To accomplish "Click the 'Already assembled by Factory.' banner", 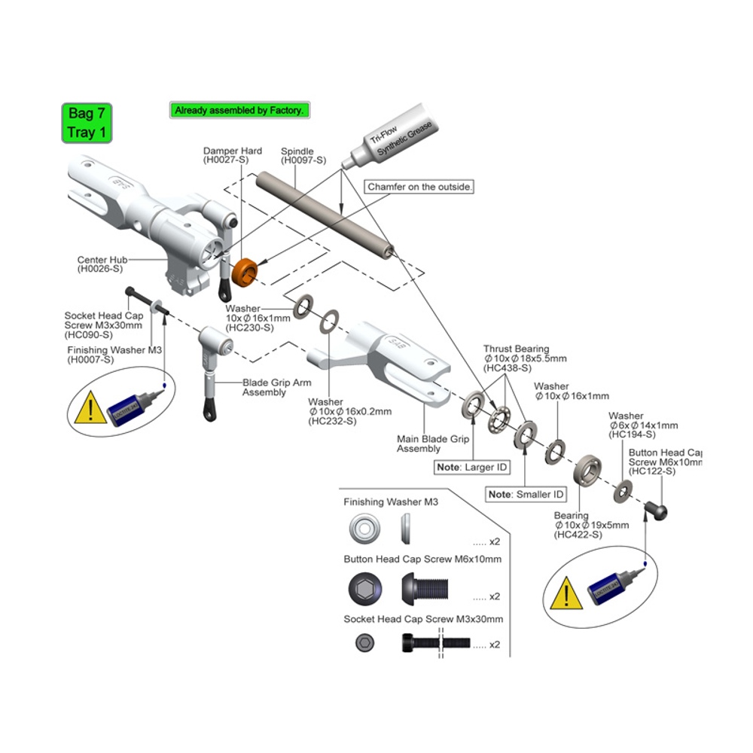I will point(239,110).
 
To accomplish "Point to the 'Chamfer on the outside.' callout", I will point(420,187).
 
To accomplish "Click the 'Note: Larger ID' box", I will point(472,468).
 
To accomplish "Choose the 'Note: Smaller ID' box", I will point(526,495).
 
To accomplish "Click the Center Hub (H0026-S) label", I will point(102,264).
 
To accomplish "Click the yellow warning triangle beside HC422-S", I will point(563,596).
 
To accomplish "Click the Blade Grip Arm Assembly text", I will point(276,387).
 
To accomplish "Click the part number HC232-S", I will point(332,420).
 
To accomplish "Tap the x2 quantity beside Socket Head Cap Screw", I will point(495,645).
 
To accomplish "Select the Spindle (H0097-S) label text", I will point(303,156).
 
